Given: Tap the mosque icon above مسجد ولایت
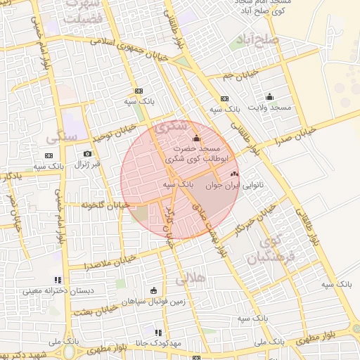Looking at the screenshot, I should [x=269, y=97].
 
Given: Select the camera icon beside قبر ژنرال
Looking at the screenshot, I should [x=87, y=153].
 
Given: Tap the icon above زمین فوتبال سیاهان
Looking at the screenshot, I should [x=153, y=290].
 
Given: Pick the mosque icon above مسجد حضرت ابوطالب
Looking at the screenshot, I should [x=195, y=138].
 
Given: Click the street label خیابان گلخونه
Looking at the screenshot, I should [x=105, y=205].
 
